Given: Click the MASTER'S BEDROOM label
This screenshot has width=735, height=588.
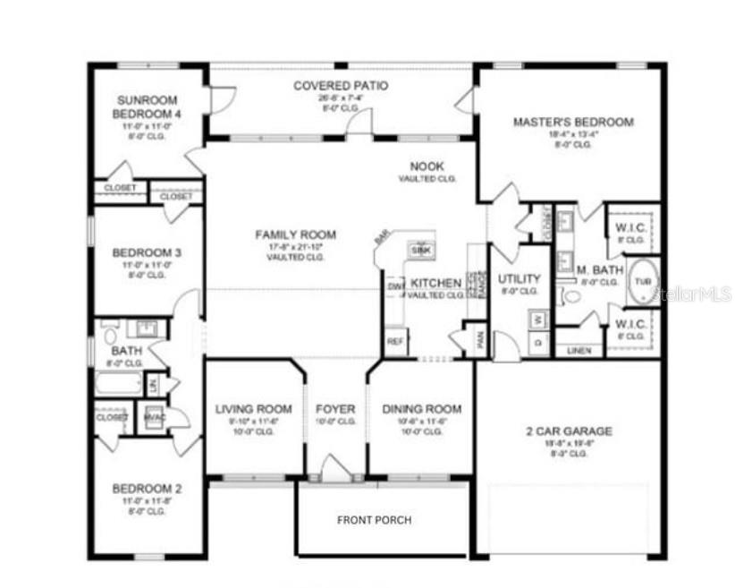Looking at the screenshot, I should pos(572,122).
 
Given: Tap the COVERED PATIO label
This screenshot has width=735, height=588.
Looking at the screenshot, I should pos(341,86).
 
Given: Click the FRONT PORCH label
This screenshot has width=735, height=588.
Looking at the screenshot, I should pos(374,519).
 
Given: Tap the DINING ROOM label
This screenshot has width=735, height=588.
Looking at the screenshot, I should pos(422,409).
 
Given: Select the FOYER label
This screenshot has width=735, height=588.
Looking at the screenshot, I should pos(335,409).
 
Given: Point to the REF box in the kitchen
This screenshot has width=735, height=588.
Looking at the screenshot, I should pos(394,341).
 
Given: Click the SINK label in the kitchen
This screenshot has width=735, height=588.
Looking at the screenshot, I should pos(420,251).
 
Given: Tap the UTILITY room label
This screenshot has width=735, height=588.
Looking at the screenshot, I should pos(519,278).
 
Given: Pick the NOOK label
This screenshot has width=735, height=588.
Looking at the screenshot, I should pos(427,166).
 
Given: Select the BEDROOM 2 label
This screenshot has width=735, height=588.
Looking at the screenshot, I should pos(147,489).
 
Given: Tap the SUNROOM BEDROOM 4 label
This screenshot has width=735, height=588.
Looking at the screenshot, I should pos(147,107).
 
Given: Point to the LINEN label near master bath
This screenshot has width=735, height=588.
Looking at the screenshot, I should pos(579,351).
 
